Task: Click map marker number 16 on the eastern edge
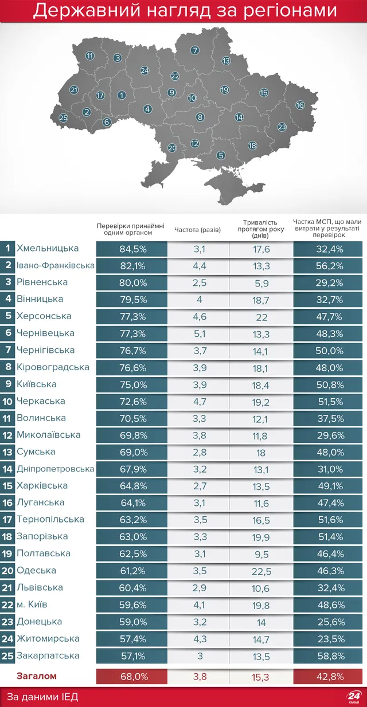300,105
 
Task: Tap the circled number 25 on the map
63,119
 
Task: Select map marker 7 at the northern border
195,50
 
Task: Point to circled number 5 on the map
221,155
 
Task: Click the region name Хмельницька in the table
48,249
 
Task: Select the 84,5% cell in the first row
132,249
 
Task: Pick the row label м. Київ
32,604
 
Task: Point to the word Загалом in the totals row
36,676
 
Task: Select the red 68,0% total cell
132,677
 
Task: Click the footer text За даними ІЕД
42,697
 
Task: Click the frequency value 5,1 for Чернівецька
197,333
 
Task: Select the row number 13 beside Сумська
7,451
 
